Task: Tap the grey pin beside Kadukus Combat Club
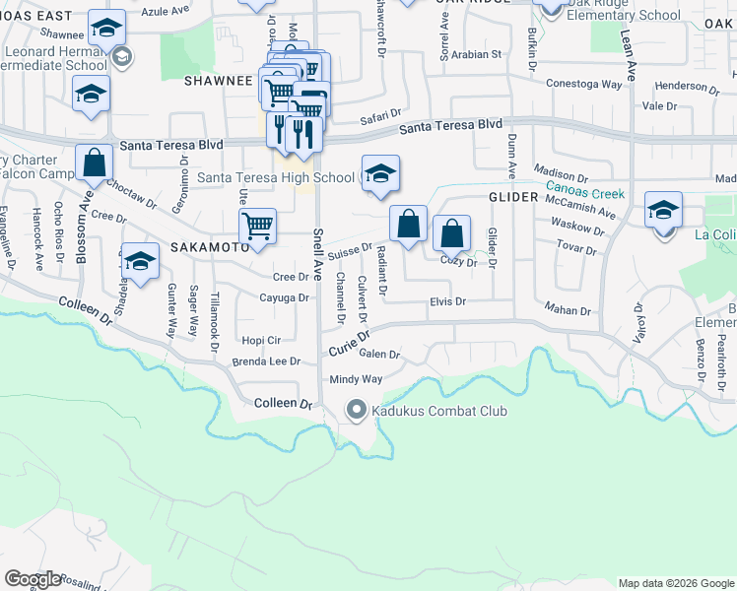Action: click(x=356, y=409)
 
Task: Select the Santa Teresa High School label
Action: click(x=276, y=177)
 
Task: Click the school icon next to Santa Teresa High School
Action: click(x=380, y=174)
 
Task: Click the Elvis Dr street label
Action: click(x=446, y=301)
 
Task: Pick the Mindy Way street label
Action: click(x=356, y=379)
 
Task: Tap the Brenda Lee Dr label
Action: click(x=267, y=361)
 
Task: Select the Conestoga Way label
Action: click(x=584, y=85)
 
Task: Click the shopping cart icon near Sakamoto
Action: click(x=257, y=225)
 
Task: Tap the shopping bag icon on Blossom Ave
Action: click(x=95, y=164)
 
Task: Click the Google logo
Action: click(x=33, y=579)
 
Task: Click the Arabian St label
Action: click(x=478, y=54)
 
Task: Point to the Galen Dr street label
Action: click(x=379, y=355)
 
